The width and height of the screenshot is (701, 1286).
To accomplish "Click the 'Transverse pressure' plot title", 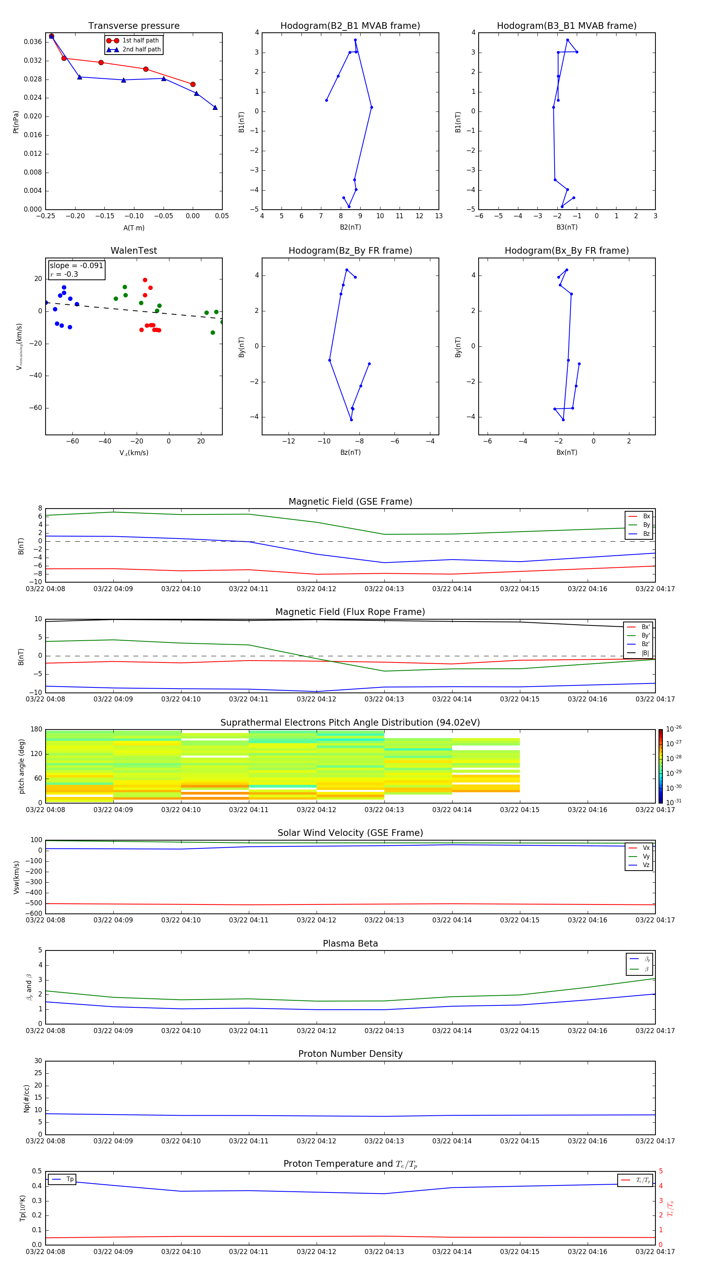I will pos(134,26).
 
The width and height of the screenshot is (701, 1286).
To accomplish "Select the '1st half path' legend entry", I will pos(140,41).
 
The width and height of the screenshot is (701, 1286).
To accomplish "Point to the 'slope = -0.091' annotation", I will pos(76,266).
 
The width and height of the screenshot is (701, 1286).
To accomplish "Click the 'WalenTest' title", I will pos(134,251).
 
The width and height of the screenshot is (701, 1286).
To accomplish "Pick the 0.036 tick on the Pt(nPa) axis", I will pos(33,42).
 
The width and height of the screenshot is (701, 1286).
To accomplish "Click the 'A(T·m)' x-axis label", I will pos(134,228).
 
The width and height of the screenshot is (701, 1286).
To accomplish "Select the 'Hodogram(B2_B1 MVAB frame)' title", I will pos(350,26).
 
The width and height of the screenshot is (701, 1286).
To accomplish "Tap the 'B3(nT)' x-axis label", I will pos(567,227).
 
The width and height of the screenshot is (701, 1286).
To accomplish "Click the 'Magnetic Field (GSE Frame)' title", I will pos(350,502).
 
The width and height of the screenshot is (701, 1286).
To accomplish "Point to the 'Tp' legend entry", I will pos(69,1179).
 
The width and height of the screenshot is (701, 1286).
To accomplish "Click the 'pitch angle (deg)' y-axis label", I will pos(21,766).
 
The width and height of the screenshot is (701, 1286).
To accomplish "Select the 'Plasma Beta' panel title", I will pos(350,943).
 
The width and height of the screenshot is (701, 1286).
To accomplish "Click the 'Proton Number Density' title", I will pos(350,1054).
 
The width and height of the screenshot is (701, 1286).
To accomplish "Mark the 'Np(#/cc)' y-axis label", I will pos(26,1098).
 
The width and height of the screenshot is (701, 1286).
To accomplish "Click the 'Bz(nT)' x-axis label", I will pos(350,452).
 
